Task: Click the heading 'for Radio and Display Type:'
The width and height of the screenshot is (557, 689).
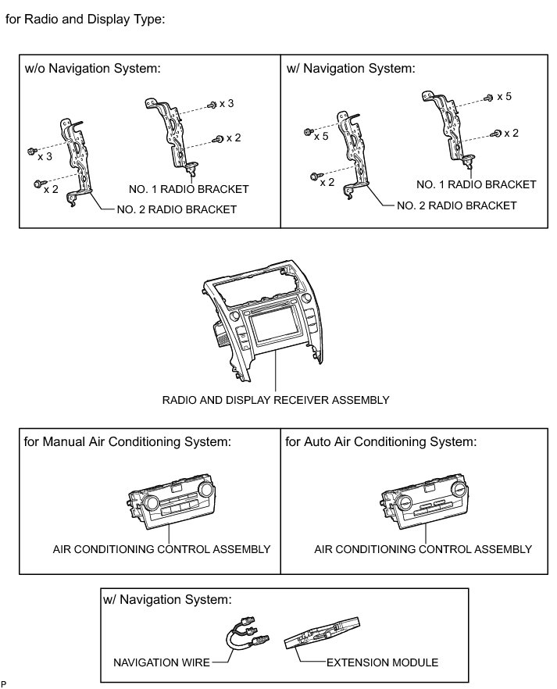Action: click(85, 20)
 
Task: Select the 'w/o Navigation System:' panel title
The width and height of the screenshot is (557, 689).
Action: click(92, 68)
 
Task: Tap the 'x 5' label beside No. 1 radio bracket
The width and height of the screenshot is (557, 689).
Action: click(504, 96)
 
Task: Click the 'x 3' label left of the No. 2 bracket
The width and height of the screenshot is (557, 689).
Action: click(45, 156)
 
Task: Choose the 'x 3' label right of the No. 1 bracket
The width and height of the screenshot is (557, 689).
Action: click(227, 103)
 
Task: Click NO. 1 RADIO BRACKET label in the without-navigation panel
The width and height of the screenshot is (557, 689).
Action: click(188, 189)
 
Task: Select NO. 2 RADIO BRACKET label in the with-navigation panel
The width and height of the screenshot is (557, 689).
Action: click(456, 205)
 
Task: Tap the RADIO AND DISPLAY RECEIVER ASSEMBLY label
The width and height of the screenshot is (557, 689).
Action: click(275, 400)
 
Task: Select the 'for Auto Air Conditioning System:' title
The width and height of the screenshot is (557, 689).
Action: click(380, 442)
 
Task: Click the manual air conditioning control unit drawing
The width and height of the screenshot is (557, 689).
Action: click(171, 505)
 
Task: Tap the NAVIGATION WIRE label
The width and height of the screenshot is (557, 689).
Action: click(162, 662)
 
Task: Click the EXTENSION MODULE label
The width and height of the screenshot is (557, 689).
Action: click(382, 662)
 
